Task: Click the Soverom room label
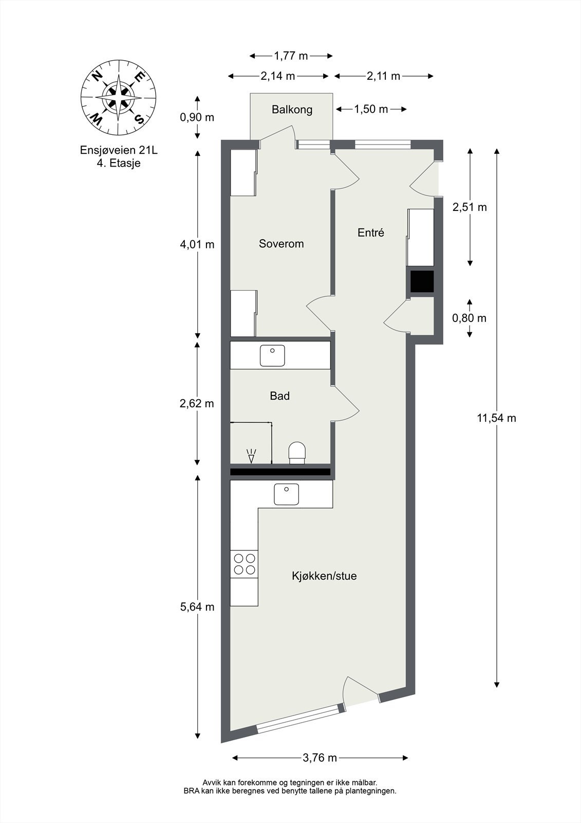[281, 244]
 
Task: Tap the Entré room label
[370, 232]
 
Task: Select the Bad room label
[279, 396]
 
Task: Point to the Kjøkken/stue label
[324, 576]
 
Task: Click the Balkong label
[292, 109]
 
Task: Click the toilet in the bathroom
[297, 452]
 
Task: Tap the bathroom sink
[272, 355]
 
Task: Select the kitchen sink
[286, 494]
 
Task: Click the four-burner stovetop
[244, 563]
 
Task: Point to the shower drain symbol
[251, 456]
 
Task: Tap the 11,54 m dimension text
[496, 418]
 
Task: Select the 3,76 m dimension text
[320, 757]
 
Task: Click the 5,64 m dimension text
[197, 607]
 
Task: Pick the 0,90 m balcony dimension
[197, 117]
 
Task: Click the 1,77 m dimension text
[291, 56]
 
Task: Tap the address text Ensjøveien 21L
[119, 150]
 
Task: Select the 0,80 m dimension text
[468, 318]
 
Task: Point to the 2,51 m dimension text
[469, 207]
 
